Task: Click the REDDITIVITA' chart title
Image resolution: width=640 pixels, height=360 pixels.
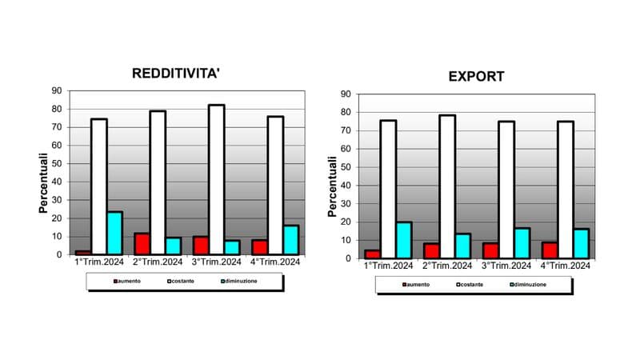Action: pos(175,74)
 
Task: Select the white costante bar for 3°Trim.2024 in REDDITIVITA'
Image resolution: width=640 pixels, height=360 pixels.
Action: pos(216,179)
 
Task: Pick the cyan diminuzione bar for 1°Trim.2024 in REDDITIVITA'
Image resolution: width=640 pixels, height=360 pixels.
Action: pos(115,233)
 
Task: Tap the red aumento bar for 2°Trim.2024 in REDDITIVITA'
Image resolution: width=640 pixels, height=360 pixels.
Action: pos(142,244)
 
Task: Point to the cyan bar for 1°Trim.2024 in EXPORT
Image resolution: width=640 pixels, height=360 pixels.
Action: pos(404,240)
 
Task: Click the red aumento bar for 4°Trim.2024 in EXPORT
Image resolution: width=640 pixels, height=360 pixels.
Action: pos(550,250)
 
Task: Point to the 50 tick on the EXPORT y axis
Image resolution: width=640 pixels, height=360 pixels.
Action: pos(346,167)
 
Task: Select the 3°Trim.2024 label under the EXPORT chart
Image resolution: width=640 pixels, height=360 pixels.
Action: pos(506,266)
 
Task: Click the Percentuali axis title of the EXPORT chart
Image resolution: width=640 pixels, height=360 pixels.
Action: pos(333,186)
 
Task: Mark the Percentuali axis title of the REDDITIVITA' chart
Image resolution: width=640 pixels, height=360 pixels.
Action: pos(45,184)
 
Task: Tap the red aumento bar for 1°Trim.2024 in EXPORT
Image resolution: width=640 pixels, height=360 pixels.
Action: pos(372,254)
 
